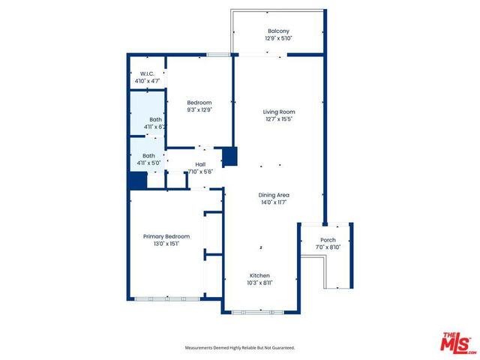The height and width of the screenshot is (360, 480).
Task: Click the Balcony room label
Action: [x=278, y=31]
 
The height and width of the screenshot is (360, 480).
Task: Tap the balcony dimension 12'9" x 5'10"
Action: [x=278, y=37]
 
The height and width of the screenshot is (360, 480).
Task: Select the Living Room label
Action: [x=277, y=112]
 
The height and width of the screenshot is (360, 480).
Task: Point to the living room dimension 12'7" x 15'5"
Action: [x=277, y=118]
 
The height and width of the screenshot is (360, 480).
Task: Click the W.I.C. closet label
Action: [x=147, y=73]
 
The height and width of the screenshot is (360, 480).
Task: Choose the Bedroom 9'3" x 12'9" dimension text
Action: [x=199, y=109]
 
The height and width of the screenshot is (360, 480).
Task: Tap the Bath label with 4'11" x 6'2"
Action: [x=155, y=119]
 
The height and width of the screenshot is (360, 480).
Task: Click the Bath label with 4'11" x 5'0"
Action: [x=149, y=156]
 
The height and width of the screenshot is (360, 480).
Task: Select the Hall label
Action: [x=200, y=164]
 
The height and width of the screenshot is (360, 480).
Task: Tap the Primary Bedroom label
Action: [x=166, y=236]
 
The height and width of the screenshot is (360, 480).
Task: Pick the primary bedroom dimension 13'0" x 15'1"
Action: [x=166, y=243]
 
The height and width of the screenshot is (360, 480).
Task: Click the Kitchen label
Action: [x=259, y=275]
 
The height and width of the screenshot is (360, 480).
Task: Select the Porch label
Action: [x=328, y=240]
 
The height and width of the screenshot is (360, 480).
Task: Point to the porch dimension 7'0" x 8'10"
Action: [x=328, y=247]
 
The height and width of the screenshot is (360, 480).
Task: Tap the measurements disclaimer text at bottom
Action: [x=240, y=348]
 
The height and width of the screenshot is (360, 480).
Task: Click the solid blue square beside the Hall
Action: [x=230, y=157]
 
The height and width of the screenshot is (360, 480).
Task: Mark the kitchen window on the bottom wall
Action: [x=259, y=311]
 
